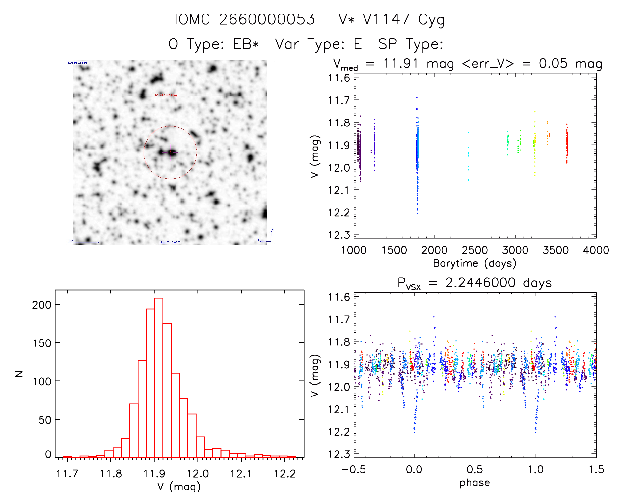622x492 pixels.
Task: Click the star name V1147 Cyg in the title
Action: point(403,19)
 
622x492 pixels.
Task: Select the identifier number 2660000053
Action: point(267,19)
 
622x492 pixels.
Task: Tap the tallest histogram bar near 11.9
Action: point(159,377)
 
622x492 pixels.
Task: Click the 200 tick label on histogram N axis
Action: point(42,305)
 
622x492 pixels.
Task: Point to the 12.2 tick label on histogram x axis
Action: point(285,474)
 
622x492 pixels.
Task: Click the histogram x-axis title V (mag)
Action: point(179,486)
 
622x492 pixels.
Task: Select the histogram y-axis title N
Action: point(19,374)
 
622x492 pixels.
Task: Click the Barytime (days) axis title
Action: point(474,263)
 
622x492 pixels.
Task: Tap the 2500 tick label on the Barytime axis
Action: point(475,250)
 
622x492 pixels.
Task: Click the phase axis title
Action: point(474,483)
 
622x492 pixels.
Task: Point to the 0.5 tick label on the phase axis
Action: point(475,469)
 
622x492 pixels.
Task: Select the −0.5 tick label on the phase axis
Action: point(354,469)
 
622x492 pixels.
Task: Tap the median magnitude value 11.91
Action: point(401,63)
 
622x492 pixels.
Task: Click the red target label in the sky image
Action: point(166,95)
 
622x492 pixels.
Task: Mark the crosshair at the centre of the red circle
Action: point(171,152)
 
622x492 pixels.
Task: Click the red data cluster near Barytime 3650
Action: point(567,144)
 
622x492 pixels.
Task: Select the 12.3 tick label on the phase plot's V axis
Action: point(339,454)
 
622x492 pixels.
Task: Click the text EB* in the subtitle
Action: point(246,44)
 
